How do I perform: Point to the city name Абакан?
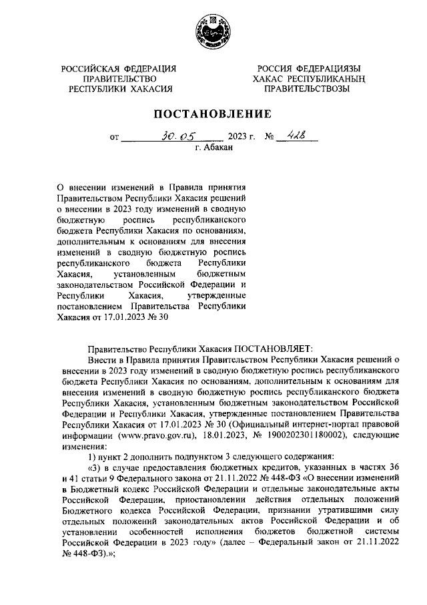click(x=218, y=148)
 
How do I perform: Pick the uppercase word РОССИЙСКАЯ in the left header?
click(x=90, y=69)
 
